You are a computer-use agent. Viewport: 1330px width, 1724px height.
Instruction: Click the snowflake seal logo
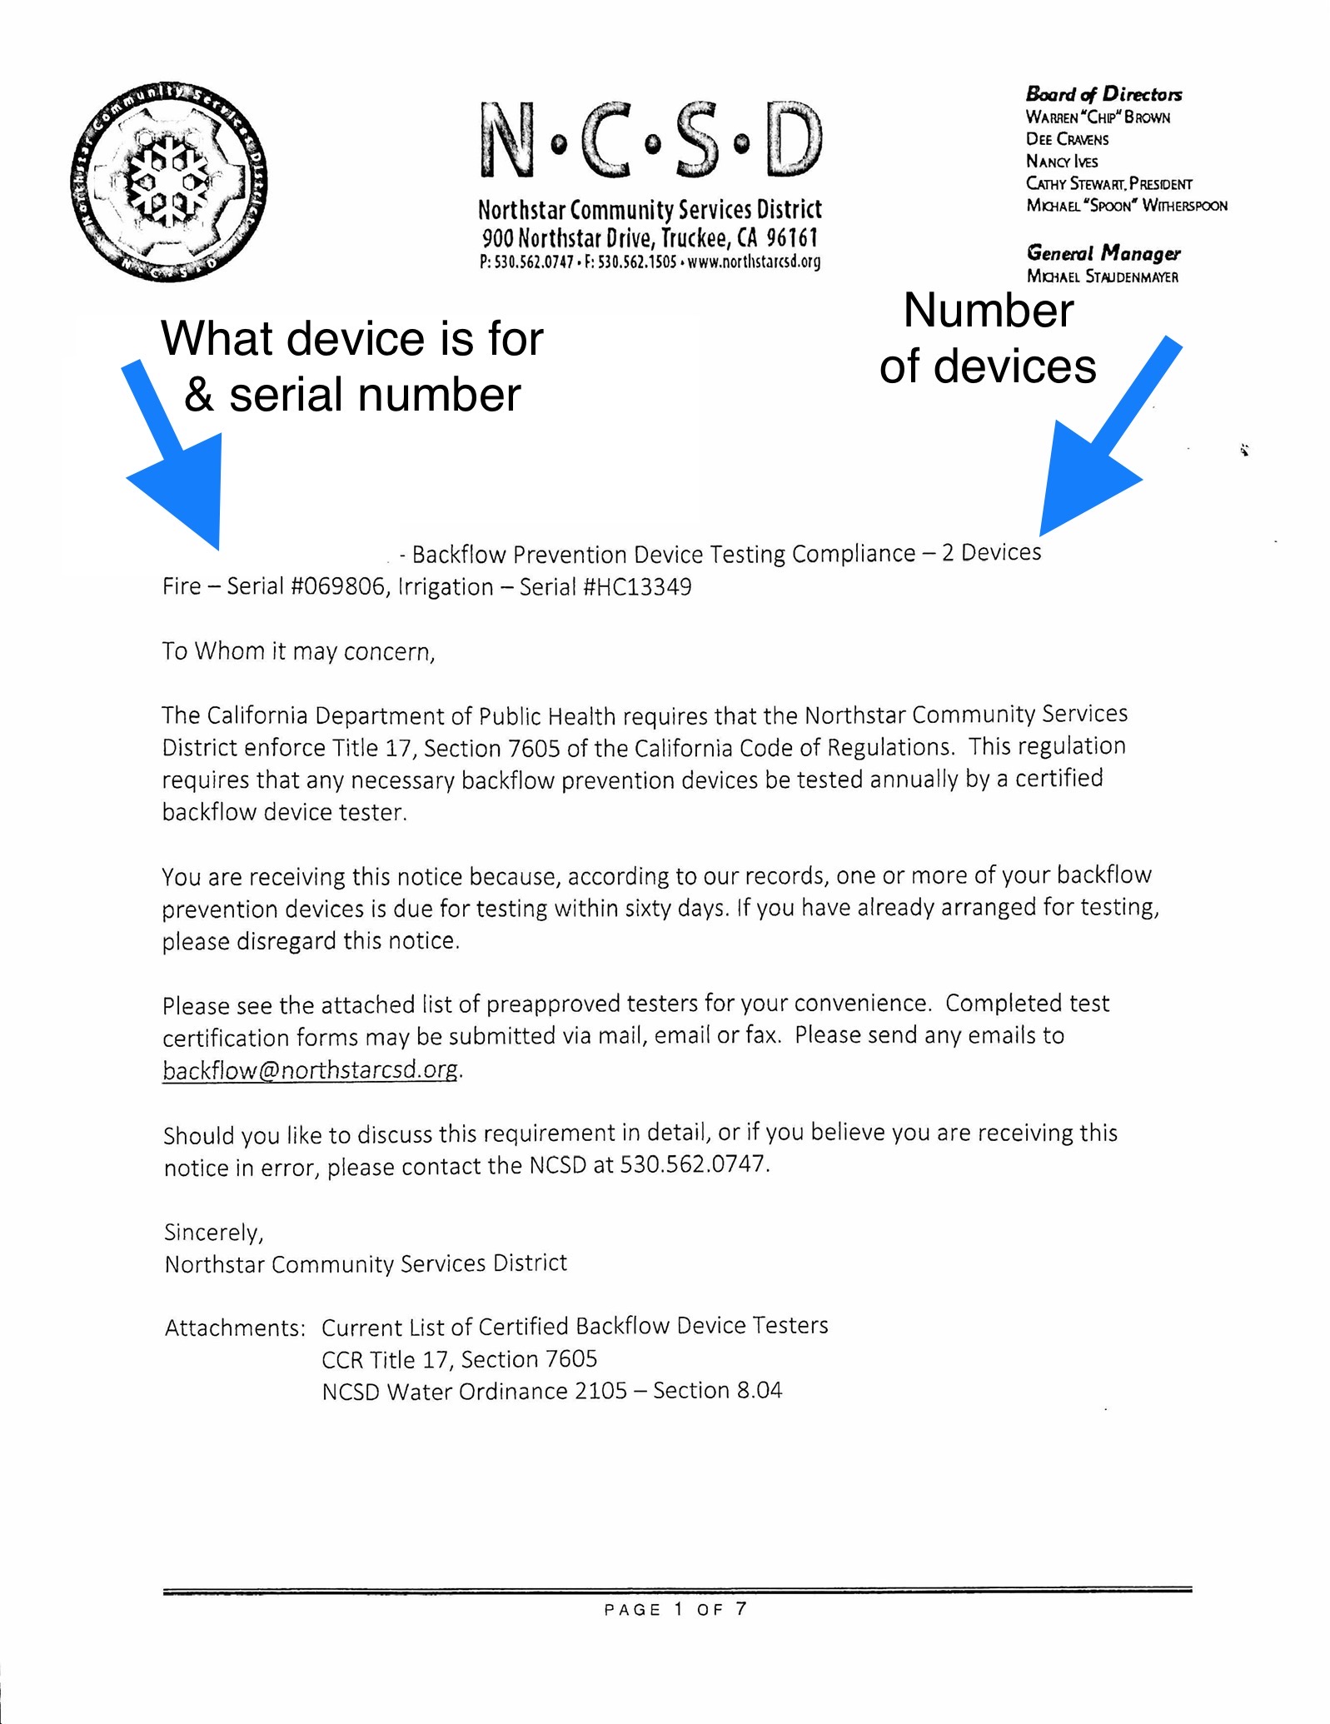click(168, 182)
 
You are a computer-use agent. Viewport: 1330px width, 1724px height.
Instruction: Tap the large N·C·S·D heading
click(650, 141)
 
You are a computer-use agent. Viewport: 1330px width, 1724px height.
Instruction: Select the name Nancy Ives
click(1061, 162)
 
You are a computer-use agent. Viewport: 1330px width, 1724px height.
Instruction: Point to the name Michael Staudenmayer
click(1102, 277)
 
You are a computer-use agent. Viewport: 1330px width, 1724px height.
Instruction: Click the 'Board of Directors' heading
click(1103, 94)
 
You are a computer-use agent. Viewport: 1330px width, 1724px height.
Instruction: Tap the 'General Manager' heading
click(1103, 253)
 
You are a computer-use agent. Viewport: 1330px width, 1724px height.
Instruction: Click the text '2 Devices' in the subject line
click(991, 553)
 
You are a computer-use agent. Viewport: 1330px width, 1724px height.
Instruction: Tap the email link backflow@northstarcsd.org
click(310, 1070)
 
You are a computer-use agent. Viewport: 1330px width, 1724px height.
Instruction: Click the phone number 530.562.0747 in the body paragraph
click(693, 1164)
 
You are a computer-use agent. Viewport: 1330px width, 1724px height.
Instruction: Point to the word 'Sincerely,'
click(213, 1233)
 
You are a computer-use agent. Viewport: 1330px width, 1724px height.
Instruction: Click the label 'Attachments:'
click(235, 1328)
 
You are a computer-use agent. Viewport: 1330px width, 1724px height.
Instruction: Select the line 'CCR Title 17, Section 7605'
click(459, 1360)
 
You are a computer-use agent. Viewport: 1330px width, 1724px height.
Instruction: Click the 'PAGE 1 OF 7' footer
click(675, 1609)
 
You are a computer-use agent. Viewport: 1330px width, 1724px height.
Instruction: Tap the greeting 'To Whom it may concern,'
click(298, 651)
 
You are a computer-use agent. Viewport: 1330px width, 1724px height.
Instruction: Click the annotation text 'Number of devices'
click(988, 339)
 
